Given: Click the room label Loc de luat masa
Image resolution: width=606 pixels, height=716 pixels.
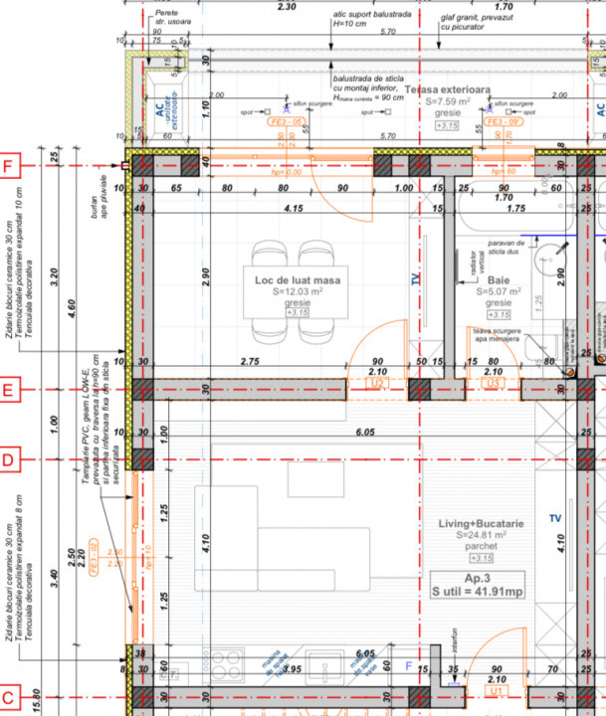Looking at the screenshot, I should tap(297, 280).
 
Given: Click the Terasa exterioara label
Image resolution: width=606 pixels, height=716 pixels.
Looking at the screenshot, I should tap(447, 89).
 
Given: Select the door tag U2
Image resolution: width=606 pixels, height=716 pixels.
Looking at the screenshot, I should tap(377, 382).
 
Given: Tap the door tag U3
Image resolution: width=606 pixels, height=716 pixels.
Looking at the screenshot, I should tap(492, 382).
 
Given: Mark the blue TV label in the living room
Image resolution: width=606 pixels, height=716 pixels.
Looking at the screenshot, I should tap(554, 519).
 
